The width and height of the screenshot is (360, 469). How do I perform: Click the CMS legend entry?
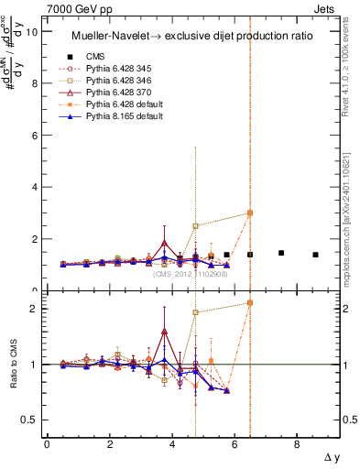tap(96, 54)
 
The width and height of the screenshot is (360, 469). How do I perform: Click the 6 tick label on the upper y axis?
tap(36, 136)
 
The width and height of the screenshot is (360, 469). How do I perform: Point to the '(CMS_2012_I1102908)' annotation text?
tap(191, 273)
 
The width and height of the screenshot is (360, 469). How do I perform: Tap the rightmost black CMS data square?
tap(315, 255)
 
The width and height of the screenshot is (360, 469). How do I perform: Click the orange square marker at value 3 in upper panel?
tap(250, 213)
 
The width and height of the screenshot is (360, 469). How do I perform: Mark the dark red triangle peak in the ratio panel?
tap(164, 332)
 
